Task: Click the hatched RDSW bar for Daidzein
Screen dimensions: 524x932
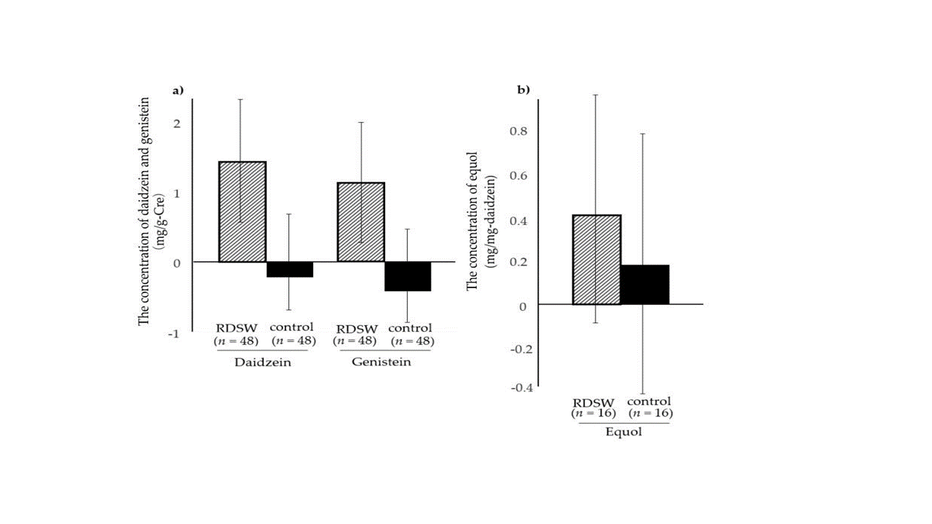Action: tap(242, 211)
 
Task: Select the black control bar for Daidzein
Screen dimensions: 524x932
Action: tap(289, 269)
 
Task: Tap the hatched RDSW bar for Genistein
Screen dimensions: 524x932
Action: tap(360, 222)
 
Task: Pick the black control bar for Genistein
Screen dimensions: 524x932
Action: tap(407, 276)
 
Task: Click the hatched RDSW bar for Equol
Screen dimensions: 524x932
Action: tap(597, 259)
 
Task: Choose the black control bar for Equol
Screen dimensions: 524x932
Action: tap(644, 285)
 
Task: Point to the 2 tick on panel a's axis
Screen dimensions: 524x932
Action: tap(176, 124)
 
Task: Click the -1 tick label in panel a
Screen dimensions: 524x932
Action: tap(173, 333)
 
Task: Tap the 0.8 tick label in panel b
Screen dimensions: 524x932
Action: tap(518, 132)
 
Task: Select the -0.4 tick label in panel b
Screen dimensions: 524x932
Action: tap(522, 388)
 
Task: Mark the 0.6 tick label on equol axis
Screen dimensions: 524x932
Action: tap(518, 175)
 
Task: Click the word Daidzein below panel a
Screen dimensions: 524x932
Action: tap(263, 362)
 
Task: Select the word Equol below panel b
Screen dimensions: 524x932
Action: tap(623, 432)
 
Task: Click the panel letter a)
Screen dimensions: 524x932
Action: tap(178, 91)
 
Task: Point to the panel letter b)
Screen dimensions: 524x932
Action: tap(524, 90)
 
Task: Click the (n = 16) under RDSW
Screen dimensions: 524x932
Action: tap(594, 413)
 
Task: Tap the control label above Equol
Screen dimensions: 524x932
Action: tap(649, 401)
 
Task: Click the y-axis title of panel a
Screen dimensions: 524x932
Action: tap(151, 211)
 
